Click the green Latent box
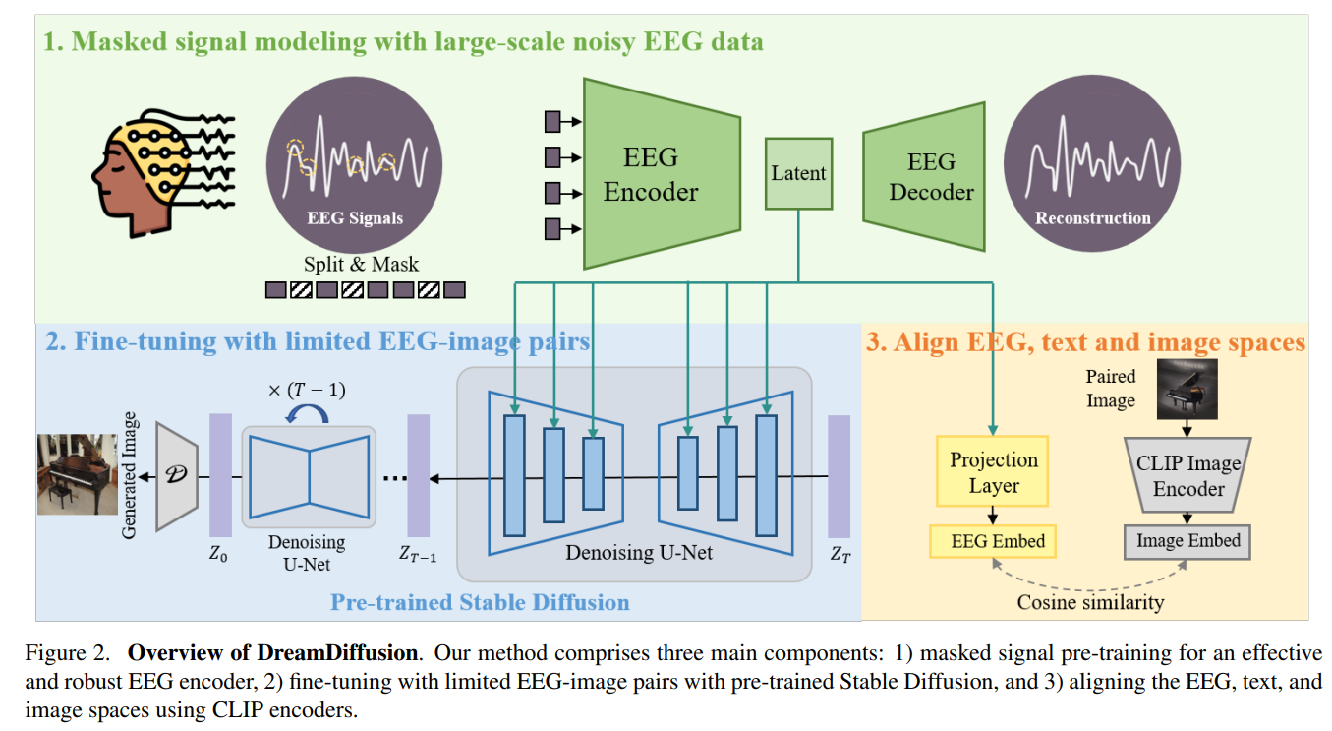coord(798,174)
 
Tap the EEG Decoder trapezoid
coord(924,176)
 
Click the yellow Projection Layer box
coord(993,473)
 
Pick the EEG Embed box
coord(993,541)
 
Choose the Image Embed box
coord(1187,541)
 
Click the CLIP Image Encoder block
coord(1187,476)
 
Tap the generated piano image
coord(77,475)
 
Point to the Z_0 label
coord(218,554)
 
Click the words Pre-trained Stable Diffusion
coord(480,601)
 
